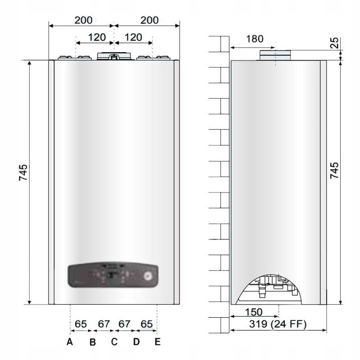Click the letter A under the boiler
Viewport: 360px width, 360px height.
[x=70, y=342]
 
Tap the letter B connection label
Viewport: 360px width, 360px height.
[x=92, y=342]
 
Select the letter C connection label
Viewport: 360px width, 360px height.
[x=114, y=342]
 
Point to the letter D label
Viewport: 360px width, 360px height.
[x=136, y=342]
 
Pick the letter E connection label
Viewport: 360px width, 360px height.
[x=157, y=342]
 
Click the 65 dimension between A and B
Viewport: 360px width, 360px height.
[x=81, y=324]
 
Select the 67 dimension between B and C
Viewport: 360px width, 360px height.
[x=104, y=324]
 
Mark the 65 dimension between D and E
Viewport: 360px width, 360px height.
[x=147, y=324]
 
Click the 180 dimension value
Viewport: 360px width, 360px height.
[x=255, y=39]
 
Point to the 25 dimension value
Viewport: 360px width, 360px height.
[x=334, y=43]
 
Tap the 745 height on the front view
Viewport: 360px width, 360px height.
[x=23, y=173]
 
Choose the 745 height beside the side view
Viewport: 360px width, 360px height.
[x=334, y=170]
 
